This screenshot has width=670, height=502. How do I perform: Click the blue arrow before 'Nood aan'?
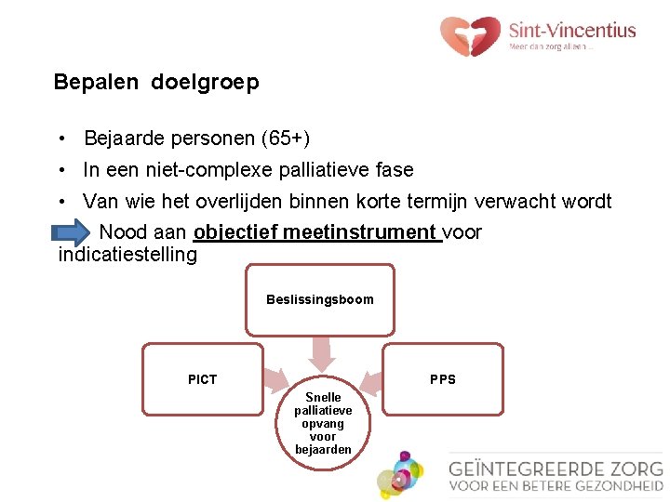[x=74, y=232]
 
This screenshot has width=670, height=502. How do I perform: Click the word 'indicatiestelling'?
[x=127, y=254]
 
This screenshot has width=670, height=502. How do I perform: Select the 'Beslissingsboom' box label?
[x=319, y=299]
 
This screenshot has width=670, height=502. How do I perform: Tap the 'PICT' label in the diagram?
[x=202, y=379]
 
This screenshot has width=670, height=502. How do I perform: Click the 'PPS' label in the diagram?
[x=443, y=379]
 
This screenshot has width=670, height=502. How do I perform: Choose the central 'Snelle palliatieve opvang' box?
[x=323, y=423]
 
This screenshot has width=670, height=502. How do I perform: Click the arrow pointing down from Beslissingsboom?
[x=321, y=353]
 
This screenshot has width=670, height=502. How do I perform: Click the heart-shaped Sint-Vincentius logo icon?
[x=470, y=35]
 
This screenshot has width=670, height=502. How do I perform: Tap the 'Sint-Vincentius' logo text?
[x=572, y=30]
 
